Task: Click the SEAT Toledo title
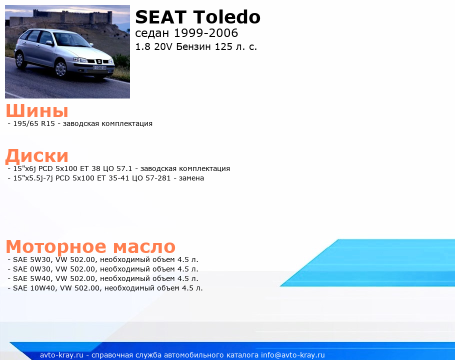coord(197,17)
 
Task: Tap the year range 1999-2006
coord(205,33)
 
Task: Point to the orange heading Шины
coord(37,110)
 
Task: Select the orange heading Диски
coord(37,155)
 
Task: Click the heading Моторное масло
coord(90,246)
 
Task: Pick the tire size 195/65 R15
coord(34,123)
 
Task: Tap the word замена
coord(191,178)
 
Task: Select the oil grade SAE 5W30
coord(31,259)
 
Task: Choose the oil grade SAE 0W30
coord(31,269)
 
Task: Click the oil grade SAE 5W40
coord(31,278)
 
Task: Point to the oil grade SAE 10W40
coord(34,288)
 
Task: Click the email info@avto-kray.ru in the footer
coord(293,355)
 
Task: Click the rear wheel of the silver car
coord(19,59)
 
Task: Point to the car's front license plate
coord(99,67)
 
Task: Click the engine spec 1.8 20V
coord(154,46)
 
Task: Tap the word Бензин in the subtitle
coord(193,46)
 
